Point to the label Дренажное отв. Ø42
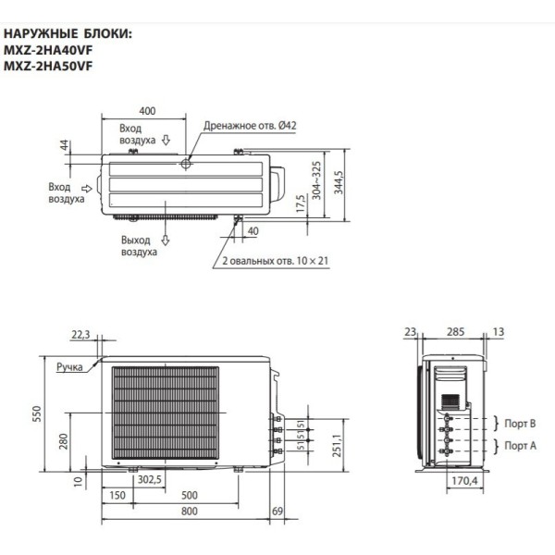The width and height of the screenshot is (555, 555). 237,125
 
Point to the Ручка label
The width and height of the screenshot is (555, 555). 69,367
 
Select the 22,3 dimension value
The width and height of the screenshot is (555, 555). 80,335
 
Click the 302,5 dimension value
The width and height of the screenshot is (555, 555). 150,480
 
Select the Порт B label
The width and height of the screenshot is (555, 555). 520,424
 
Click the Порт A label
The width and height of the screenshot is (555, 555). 520,446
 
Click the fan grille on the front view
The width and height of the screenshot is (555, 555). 165,411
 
